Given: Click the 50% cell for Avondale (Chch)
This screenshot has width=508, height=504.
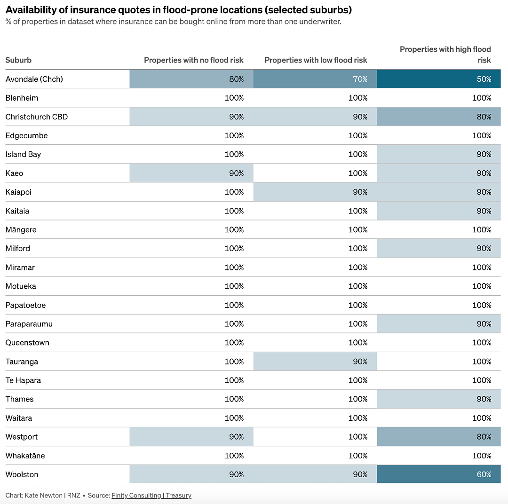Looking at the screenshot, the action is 439,79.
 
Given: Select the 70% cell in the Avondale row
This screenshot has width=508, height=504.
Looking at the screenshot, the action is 315,79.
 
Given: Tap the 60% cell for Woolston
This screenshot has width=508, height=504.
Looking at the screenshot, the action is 439,474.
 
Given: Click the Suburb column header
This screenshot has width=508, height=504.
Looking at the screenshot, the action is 18,60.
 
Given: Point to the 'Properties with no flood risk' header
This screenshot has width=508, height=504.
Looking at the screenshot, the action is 194,60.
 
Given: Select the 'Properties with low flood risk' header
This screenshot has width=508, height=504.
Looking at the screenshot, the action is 316,60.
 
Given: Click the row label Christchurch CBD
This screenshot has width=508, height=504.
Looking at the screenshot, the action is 37,117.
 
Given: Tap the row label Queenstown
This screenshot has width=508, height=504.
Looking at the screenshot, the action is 27,343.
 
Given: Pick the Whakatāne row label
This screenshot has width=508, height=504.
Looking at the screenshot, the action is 25,456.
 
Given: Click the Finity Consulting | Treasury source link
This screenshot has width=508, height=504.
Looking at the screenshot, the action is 151,495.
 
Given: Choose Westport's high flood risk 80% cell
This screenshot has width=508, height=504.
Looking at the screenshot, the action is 439,437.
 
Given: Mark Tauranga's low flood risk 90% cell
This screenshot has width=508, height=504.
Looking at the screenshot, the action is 315,362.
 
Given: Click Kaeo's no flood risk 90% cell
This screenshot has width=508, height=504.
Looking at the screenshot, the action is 191,173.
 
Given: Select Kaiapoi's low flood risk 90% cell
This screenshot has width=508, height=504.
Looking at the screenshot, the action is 315,192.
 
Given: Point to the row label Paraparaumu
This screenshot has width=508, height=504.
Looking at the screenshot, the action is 29,324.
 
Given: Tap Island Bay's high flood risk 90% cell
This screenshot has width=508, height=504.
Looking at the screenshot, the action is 439,154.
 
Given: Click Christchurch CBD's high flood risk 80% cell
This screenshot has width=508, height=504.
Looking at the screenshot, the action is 439,117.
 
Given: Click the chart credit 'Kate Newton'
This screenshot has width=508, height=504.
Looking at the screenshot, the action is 43,495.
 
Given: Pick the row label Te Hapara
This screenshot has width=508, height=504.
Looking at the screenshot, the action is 23,380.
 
